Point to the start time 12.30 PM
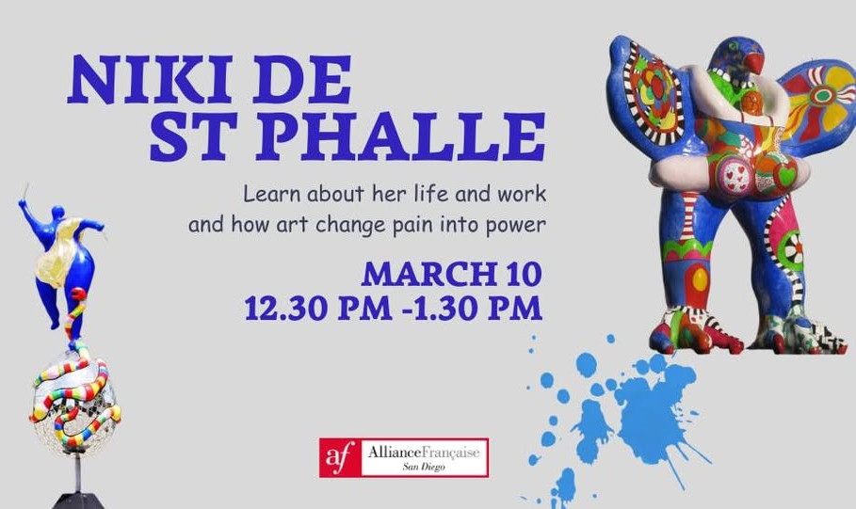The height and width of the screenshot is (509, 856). coord(317,309)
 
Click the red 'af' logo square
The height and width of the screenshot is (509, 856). coord(341,457)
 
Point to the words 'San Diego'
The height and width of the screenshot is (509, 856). coord(424,467)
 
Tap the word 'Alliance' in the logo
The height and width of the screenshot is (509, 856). coord(395,453)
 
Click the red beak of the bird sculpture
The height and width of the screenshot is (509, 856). coord(755,62)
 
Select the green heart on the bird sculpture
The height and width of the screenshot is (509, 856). coord(785,175)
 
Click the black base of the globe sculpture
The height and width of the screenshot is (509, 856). coord(78,501)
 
